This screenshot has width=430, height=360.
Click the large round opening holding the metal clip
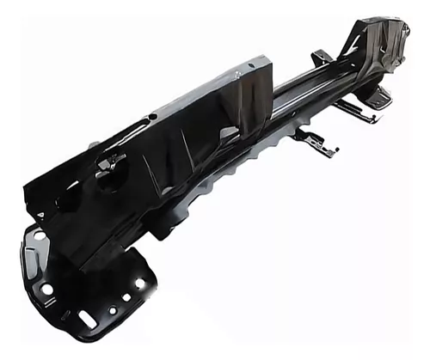(112, 168)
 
